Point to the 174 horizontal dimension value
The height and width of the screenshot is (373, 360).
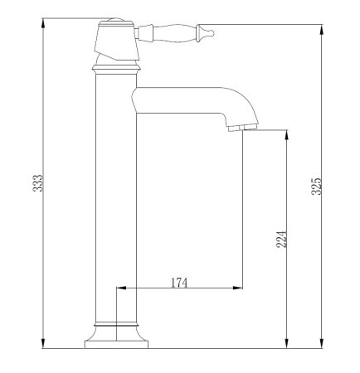tap(179, 283)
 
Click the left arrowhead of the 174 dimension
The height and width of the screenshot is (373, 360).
tap(119, 288)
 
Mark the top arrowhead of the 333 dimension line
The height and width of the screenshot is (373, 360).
tap(43, 21)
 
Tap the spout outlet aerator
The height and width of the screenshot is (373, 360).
tap(237, 127)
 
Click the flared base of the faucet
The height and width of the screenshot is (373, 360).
tap(115, 336)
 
